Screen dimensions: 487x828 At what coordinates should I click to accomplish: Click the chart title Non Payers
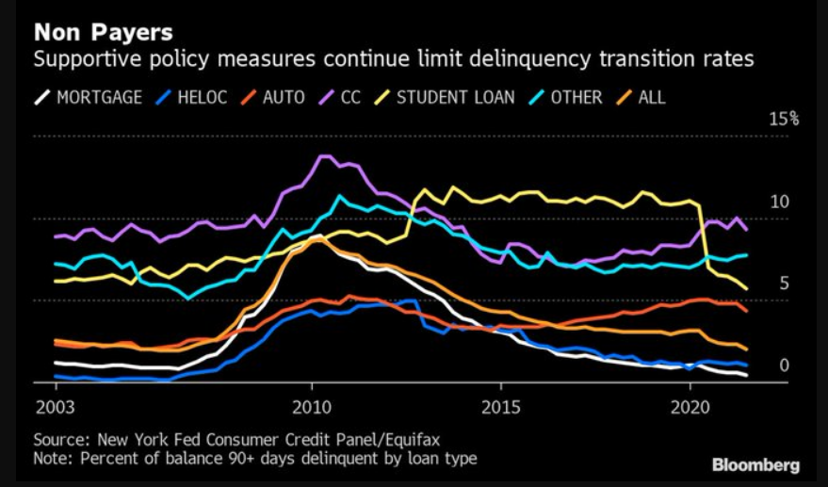pos(103,32)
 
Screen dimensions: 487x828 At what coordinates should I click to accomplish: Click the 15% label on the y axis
pos(785,119)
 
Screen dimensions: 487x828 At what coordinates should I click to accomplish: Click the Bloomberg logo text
pos(755,465)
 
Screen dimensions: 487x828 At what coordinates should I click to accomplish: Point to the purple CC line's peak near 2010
pos(323,156)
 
